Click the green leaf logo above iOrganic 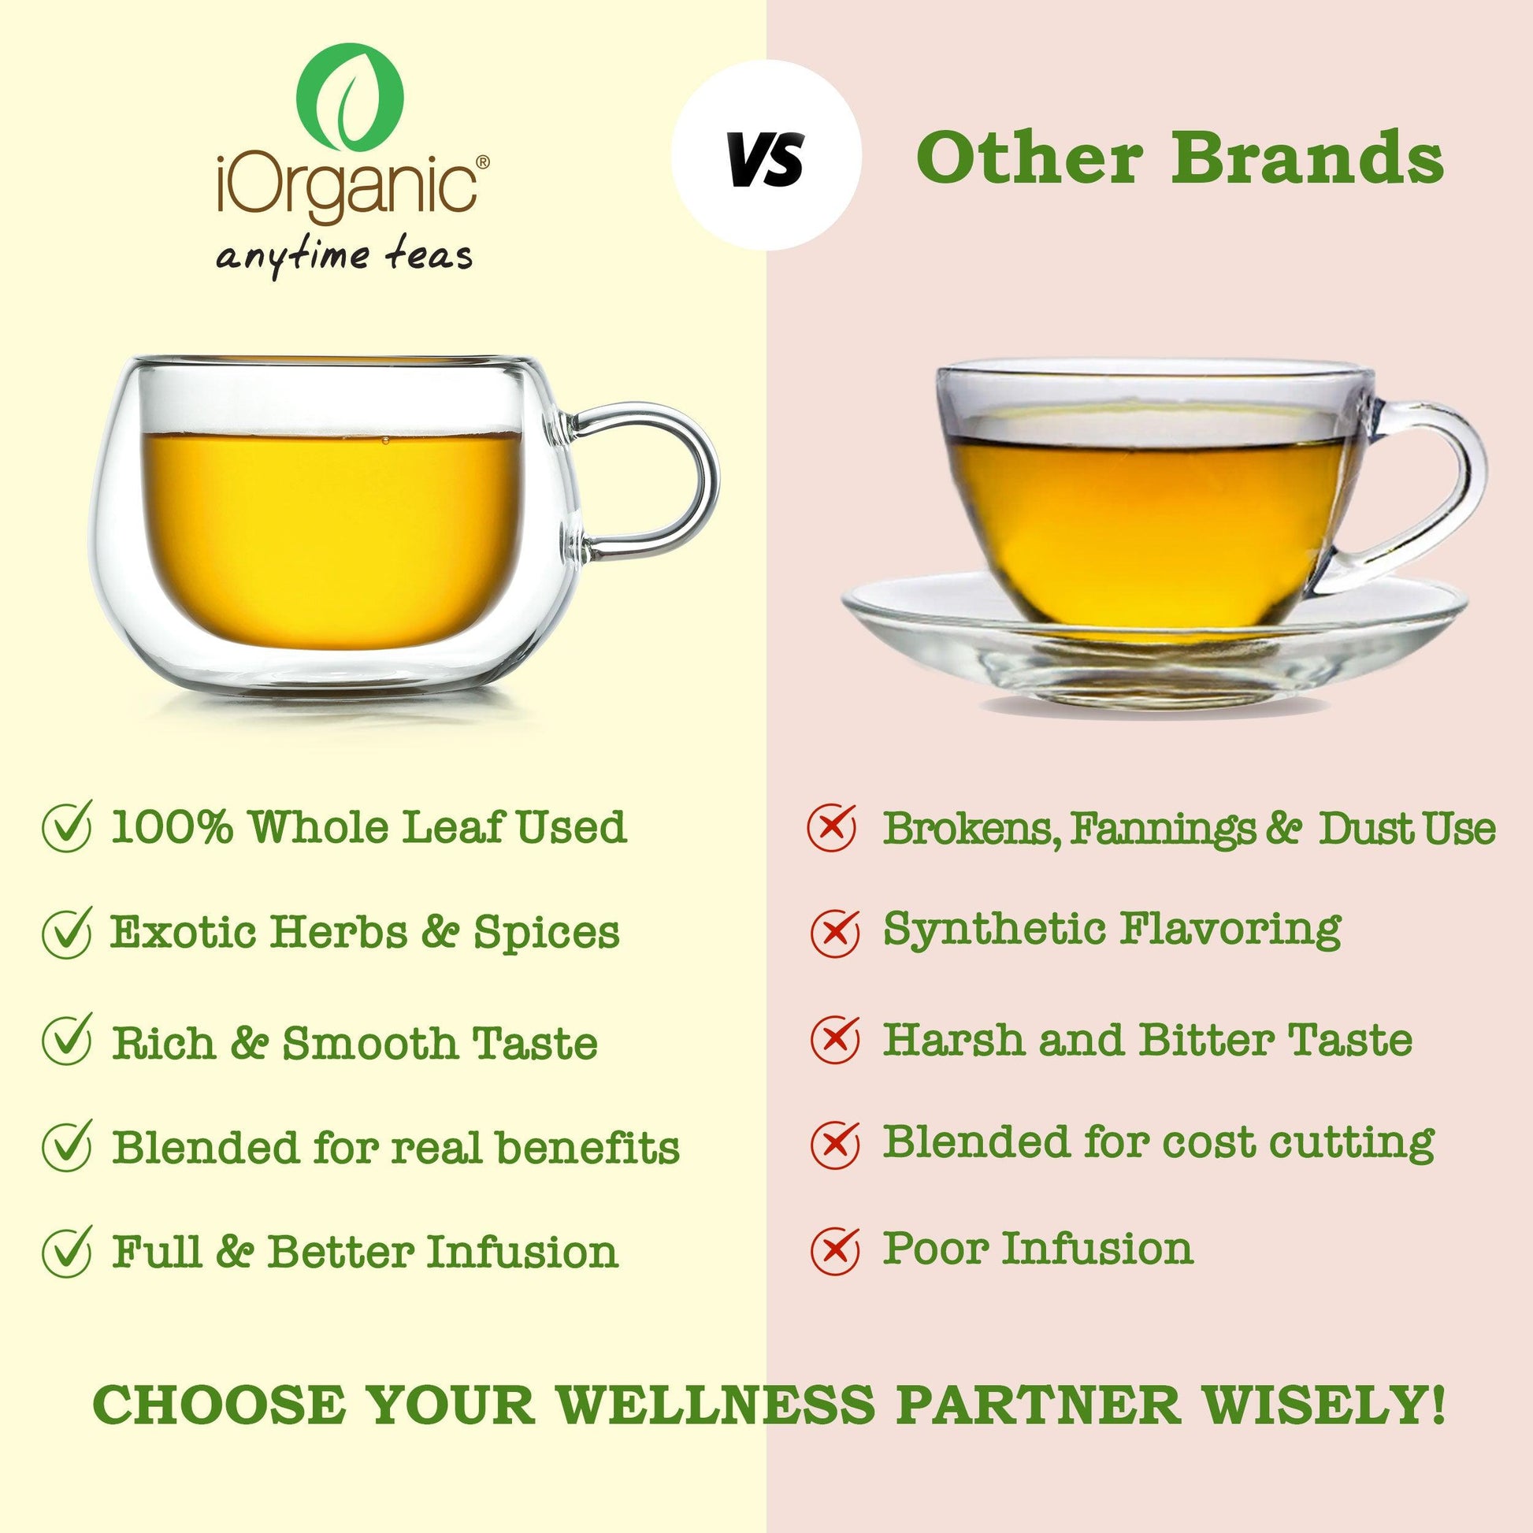350,100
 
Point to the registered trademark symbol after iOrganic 482,161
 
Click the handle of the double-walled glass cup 651,484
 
